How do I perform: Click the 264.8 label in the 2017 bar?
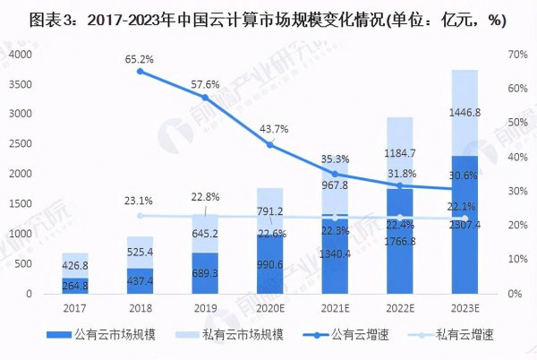tap(75, 287)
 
